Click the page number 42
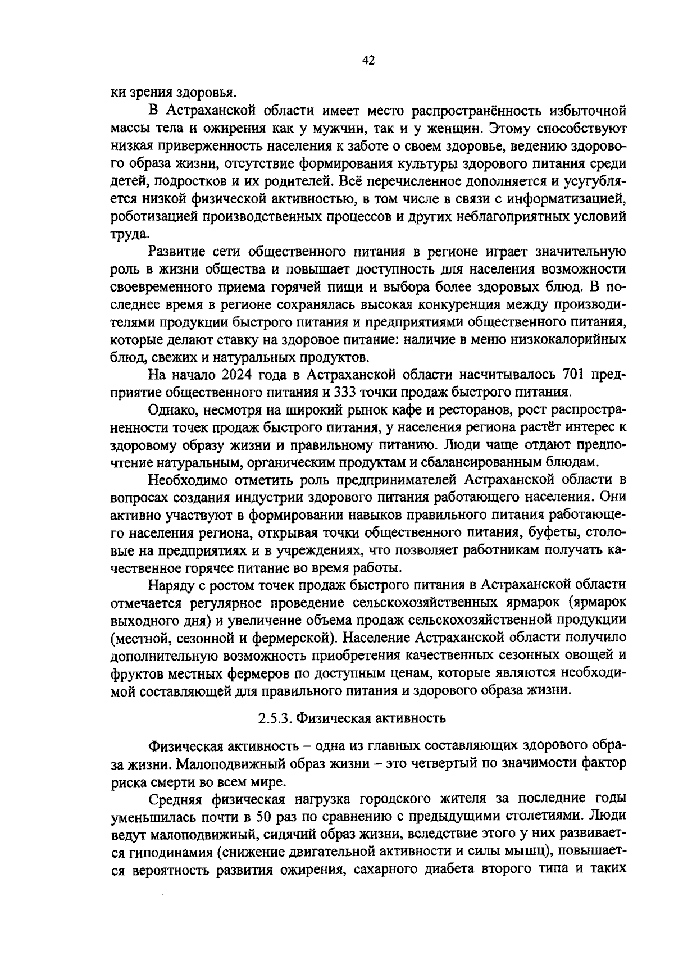368,61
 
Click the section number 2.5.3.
275,718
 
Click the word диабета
444,870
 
